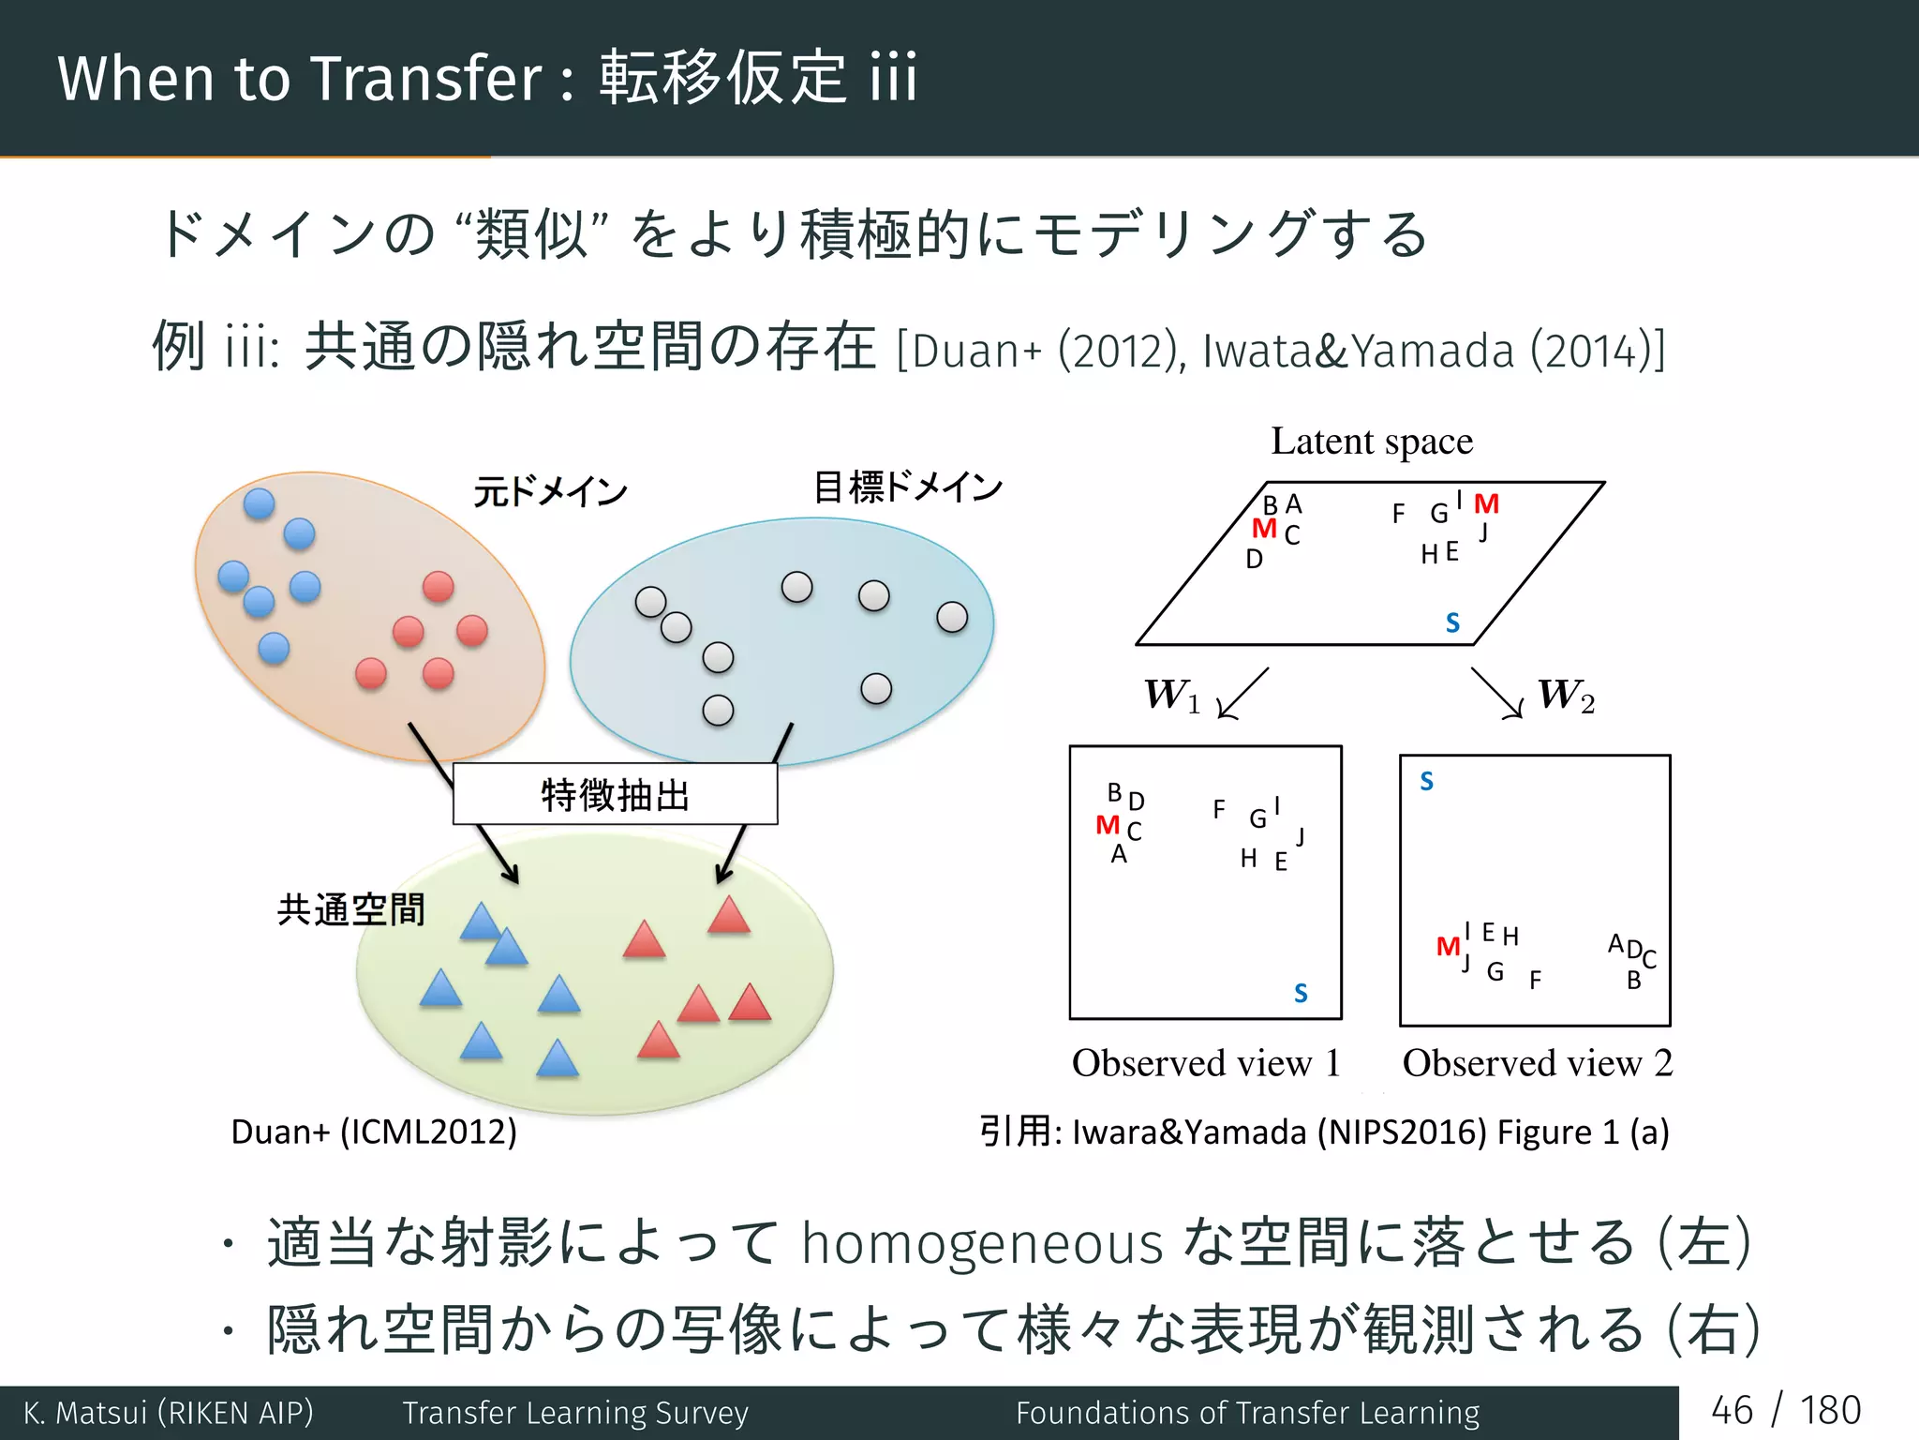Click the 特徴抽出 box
pyautogui.click(x=615, y=794)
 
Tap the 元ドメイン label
pyautogui.click(x=550, y=491)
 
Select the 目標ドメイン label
pyautogui.click(x=907, y=487)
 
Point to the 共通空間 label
pyautogui.click(x=350, y=909)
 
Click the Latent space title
pyautogui.click(x=1371, y=441)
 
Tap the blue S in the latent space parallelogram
pyautogui.click(x=1452, y=622)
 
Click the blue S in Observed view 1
pyautogui.click(x=1301, y=993)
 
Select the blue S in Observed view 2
pyautogui.click(x=1426, y=781)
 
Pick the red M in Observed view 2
pyautogui.click(x=1448, y=947)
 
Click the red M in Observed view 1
pyautogui.click(x=1108, y=825)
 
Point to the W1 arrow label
pyautogui.click(x=1171, y=696)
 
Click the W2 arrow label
pyautogui.click(x=1566, y=696)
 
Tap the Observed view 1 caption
pyautogui.click(x=1206, y=1063)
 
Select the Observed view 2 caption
pyautogui.click(x=1537, y=1063)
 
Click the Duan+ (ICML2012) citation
pyautogui.click(x=374, y=1132)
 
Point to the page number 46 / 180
pyautogui.click(x=1785, y=1410)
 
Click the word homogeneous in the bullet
pyautogui.click(x=982, y=1243)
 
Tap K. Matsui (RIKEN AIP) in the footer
pyautogui.click(x=169, y=1412)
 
